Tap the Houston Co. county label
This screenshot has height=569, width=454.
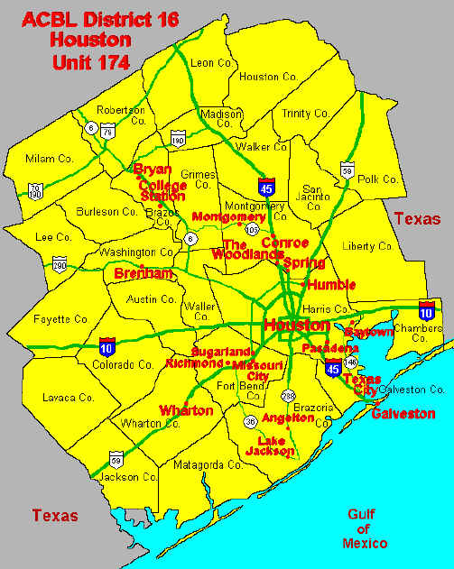click(x=268, y=78)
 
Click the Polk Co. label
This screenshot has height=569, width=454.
click(x=377, y=179)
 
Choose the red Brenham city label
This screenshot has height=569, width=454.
click(x=144, y=272)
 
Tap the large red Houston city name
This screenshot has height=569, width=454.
click(x=296, y=325)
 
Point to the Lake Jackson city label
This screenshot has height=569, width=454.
click(x=270, y=445)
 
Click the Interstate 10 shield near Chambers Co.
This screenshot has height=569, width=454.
click(x=427, y=310)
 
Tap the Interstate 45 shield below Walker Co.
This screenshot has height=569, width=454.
click(x=267, y=187)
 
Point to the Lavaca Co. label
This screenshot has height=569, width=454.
click(x=69, y=397)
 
